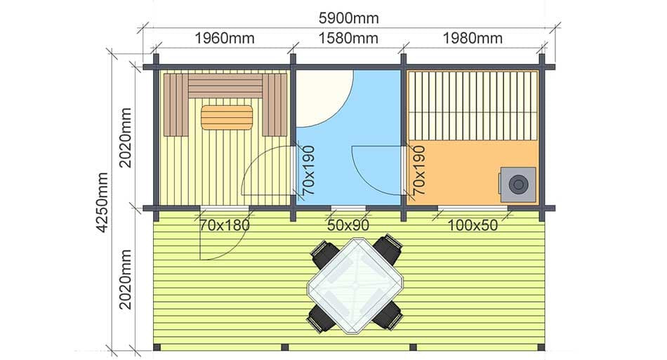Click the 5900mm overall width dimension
point(348,18)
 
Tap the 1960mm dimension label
point(225,39)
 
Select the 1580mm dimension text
point(348,39)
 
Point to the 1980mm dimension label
point(473,39)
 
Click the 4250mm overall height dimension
point(103,202)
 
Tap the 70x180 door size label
point(224,225)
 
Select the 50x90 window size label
point(348,225)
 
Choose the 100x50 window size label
point(473,225)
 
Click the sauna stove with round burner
point(517,185)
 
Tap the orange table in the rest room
point(227,117)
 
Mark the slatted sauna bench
point(473,106)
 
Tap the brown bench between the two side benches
point(225,86)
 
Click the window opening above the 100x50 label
point(473,208)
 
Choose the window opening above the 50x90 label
point(348,208)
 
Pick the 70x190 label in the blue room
point(309,170)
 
